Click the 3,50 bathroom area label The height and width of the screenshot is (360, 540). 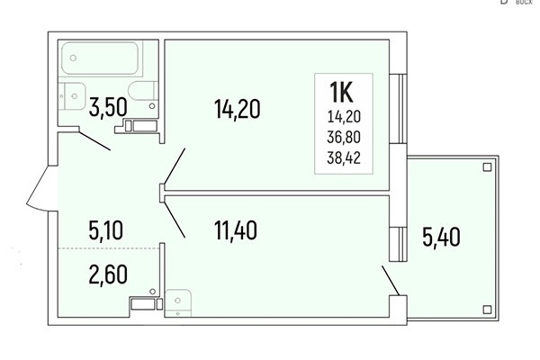(106, 109)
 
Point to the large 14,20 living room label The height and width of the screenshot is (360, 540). (237, 110)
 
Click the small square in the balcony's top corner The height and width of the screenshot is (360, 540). (486, 166)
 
